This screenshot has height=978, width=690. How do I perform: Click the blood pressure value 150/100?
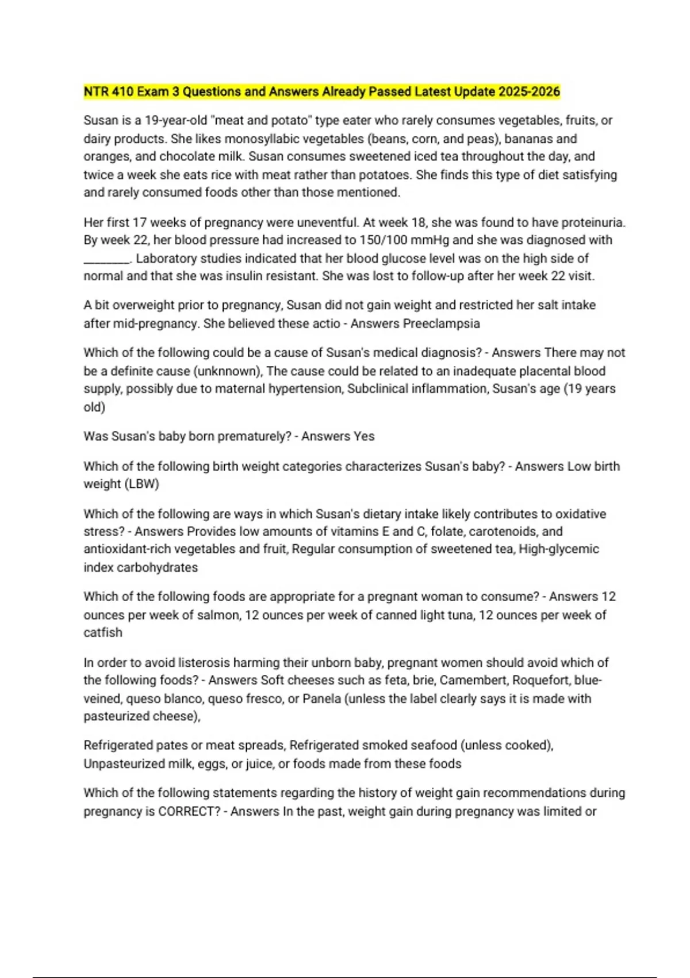pos(382,240)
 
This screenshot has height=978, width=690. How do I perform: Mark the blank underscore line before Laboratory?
pos(107,259)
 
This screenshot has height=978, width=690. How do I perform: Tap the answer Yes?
pos(364,437)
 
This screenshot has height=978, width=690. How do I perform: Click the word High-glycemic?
pos(559,549)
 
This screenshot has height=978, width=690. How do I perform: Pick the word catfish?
pos(103,633)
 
